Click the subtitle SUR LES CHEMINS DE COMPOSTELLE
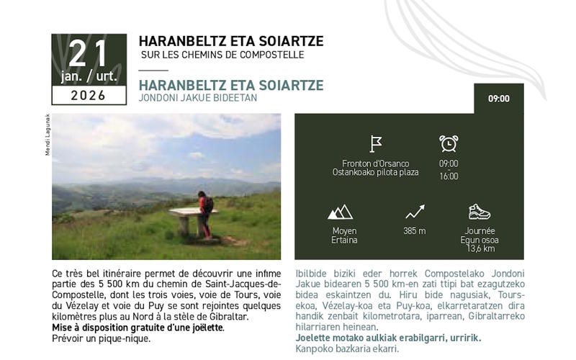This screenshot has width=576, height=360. pos(222,55)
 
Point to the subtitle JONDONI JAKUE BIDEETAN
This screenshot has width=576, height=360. pos(198,97)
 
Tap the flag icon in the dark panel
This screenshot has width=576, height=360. pos(376,143)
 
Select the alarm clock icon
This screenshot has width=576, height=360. pos(449,143)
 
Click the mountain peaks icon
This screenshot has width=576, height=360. pos(340,212)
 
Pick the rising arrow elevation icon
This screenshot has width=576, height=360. pos(415,212)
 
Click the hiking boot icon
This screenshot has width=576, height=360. pos(479,212)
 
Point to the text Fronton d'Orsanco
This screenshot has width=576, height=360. pos(376,163)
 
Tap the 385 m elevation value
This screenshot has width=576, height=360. pos(415,231)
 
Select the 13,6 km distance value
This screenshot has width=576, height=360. pos(480,249)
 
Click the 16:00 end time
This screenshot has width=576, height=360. pos(449,176)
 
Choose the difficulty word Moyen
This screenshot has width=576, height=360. pos(344,231)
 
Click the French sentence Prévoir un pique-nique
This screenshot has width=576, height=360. pos(101,338)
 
